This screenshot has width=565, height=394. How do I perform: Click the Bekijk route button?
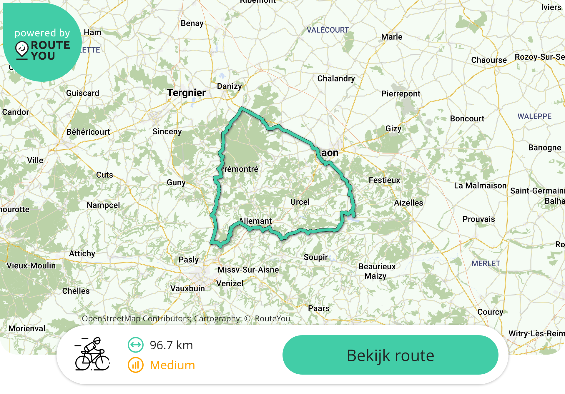[x=390, y=355]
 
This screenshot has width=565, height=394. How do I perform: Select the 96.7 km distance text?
[x=171, y=345]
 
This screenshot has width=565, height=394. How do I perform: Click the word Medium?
[x=172, y=365]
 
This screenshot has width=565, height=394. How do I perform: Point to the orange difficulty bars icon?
[x=135, y=365]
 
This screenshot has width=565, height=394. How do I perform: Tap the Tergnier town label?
[x=186, y=93]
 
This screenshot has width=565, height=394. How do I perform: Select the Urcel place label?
[x=300, y=202]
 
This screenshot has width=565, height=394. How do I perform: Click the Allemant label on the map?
[x=255, y=221]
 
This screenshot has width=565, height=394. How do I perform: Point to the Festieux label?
[x=384, y=180]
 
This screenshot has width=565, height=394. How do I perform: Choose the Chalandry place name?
[x=336, y=79]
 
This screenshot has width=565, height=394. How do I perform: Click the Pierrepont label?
[x=401, y=94]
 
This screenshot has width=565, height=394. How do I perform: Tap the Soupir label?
[x=315, y=257]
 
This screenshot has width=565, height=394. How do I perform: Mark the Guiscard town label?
[x=82, y=93]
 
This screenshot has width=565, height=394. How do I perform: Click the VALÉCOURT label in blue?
[x=328, y=30]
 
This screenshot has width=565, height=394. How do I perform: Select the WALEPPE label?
[x=534, y=116]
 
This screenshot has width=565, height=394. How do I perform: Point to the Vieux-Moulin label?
[x=31, y=266]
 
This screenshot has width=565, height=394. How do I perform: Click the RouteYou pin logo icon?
[x=22, y=50]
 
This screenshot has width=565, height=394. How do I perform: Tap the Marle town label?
[x=392, y=37]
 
